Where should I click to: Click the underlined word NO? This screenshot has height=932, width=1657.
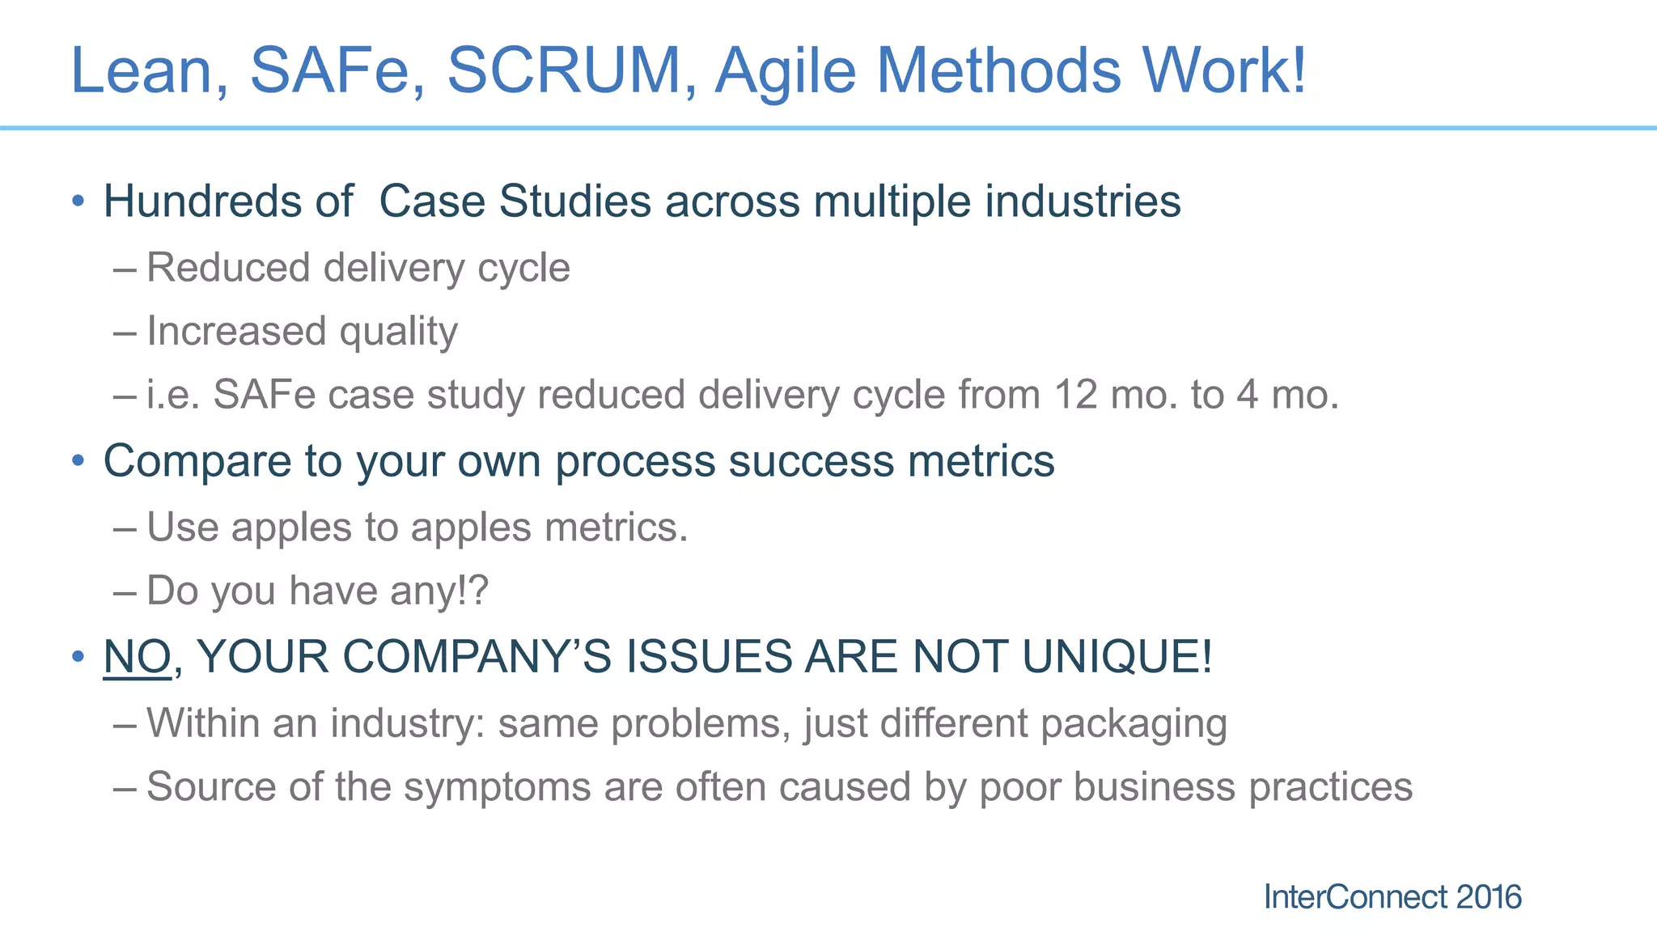(x=137, y=656)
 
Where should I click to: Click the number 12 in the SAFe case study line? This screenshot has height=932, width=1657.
(x=1076, y=396)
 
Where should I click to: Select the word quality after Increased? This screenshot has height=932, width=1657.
(x=398, y=333)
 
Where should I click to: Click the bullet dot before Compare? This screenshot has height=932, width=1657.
(x=78, y=461)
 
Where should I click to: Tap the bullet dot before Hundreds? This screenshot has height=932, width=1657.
(x=78, y=201)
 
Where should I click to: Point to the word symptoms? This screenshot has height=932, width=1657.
(x=497, y=787)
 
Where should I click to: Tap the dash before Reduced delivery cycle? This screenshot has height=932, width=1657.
(x=125, y=269)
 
